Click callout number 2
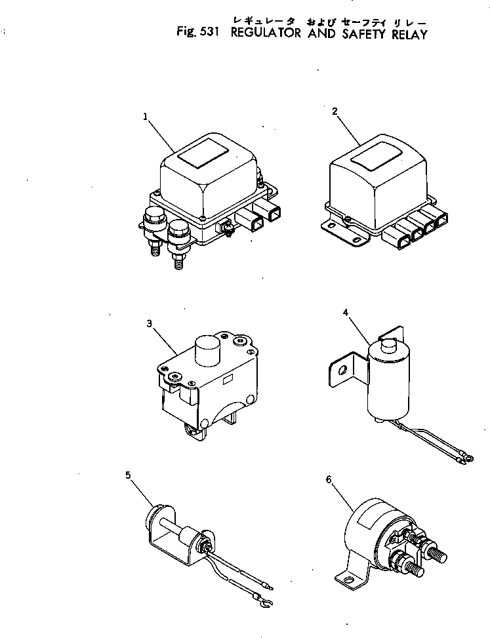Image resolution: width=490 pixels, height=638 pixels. pos(335,111)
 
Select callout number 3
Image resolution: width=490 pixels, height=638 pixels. pos(150,323)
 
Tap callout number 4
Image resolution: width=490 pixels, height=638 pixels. pos(345,313)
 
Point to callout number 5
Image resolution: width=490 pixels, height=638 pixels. pos(129,475)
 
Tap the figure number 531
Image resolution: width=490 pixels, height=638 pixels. pos(211,33)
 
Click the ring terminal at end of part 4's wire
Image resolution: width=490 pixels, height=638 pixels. pos(466,454)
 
